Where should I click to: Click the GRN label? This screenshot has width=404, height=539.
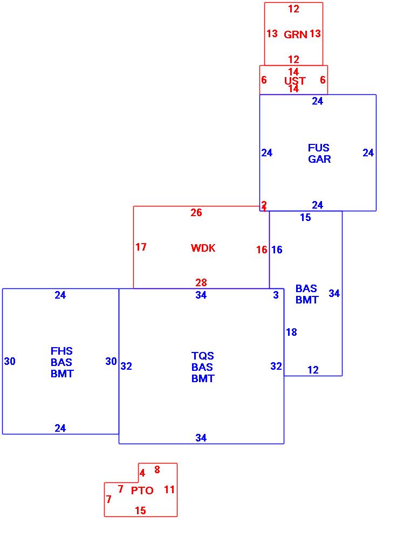click(296, 34)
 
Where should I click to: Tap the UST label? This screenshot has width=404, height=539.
click(295, 81)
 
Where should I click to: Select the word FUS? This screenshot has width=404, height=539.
click(319, 148)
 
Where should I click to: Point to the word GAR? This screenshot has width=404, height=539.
click(319, 159)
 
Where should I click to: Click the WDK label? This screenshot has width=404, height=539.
click(203, 248)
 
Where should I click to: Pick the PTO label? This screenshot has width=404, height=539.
click(142, 490)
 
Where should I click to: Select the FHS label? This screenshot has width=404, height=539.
click(61, 351)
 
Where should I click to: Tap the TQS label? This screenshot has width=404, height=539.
click(203, 356)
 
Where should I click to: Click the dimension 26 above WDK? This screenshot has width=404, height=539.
click(196, 213)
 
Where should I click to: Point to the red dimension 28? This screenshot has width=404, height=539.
click(201, 282)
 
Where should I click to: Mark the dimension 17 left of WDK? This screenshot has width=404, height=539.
click(141, 247)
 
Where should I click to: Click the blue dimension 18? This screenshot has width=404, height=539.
click(291, 333)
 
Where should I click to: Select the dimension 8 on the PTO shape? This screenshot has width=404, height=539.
click(157, 470)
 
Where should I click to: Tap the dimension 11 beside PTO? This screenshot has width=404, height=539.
click(169, 490)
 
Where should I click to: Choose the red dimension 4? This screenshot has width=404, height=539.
click(142, 473)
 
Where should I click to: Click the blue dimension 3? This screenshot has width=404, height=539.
click(276, 295)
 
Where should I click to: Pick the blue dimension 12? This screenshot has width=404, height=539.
click(313, 370)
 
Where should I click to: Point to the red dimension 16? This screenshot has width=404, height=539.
click(262, 250)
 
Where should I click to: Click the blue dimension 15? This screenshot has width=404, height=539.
click(305, 218)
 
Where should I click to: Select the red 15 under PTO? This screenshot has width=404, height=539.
click(140, 510)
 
